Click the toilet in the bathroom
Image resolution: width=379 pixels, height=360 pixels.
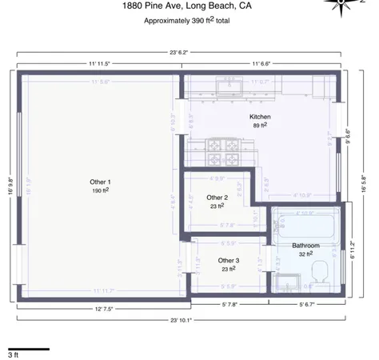[318, 277]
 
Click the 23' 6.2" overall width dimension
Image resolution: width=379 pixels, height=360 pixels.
[180, 51]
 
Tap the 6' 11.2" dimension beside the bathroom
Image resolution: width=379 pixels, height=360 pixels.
[353, 251]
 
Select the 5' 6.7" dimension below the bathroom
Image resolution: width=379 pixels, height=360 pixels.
[309, 305]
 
